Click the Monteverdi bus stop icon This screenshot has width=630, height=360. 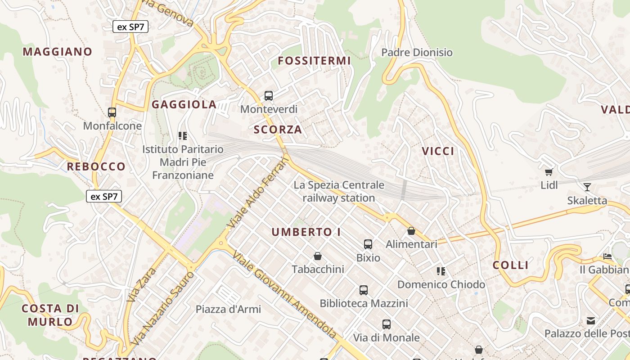point(269,95)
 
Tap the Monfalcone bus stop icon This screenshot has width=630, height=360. point(112,112)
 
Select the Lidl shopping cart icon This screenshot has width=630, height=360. point(549,172)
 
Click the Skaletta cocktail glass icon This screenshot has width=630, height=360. point(587,187)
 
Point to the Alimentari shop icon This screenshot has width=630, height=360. point(411,231)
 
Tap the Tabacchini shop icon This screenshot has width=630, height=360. point(318,256)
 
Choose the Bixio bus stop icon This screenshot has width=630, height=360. point(368,244)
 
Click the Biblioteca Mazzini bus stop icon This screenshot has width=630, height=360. point(364,290)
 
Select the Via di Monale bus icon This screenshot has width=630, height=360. point(386,324)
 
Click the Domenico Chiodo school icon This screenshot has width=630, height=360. point(441,271)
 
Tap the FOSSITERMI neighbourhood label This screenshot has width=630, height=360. point(314,61)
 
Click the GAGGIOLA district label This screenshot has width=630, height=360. point(184,104)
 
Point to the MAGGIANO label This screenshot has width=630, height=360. point(57,52)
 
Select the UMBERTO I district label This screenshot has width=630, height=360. point(306,232)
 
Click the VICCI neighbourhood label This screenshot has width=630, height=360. point(438,151)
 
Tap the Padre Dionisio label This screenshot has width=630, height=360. point(417,53)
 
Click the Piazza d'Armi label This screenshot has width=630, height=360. point(228,309)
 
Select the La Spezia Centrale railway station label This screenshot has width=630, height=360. point(339,191)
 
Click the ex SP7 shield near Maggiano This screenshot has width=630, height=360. point(130,27)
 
